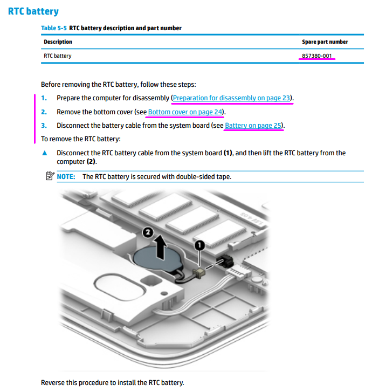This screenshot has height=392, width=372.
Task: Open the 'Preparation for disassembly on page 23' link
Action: pos(231,98)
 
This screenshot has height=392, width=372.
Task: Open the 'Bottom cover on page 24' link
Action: pos(185,112)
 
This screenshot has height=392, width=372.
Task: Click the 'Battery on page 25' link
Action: pos(253,126)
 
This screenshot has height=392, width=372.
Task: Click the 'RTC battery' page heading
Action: pos(33,11)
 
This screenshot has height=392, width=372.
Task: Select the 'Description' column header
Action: pos(58,42)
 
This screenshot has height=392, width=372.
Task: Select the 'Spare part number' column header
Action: pos(325,42)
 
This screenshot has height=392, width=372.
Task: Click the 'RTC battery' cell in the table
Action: pos(57,56)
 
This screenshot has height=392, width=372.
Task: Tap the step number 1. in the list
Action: pos(44,98)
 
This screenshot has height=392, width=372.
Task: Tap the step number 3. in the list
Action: pos(44,126)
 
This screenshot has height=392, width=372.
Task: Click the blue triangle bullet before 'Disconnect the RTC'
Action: pos(45,153)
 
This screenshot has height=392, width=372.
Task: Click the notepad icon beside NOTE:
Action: pos(50,176)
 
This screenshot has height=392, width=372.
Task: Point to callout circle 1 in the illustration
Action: pos(199,245)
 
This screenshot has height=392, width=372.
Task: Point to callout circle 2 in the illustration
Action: pos(147,232)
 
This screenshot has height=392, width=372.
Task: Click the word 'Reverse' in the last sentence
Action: pos(54,383)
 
